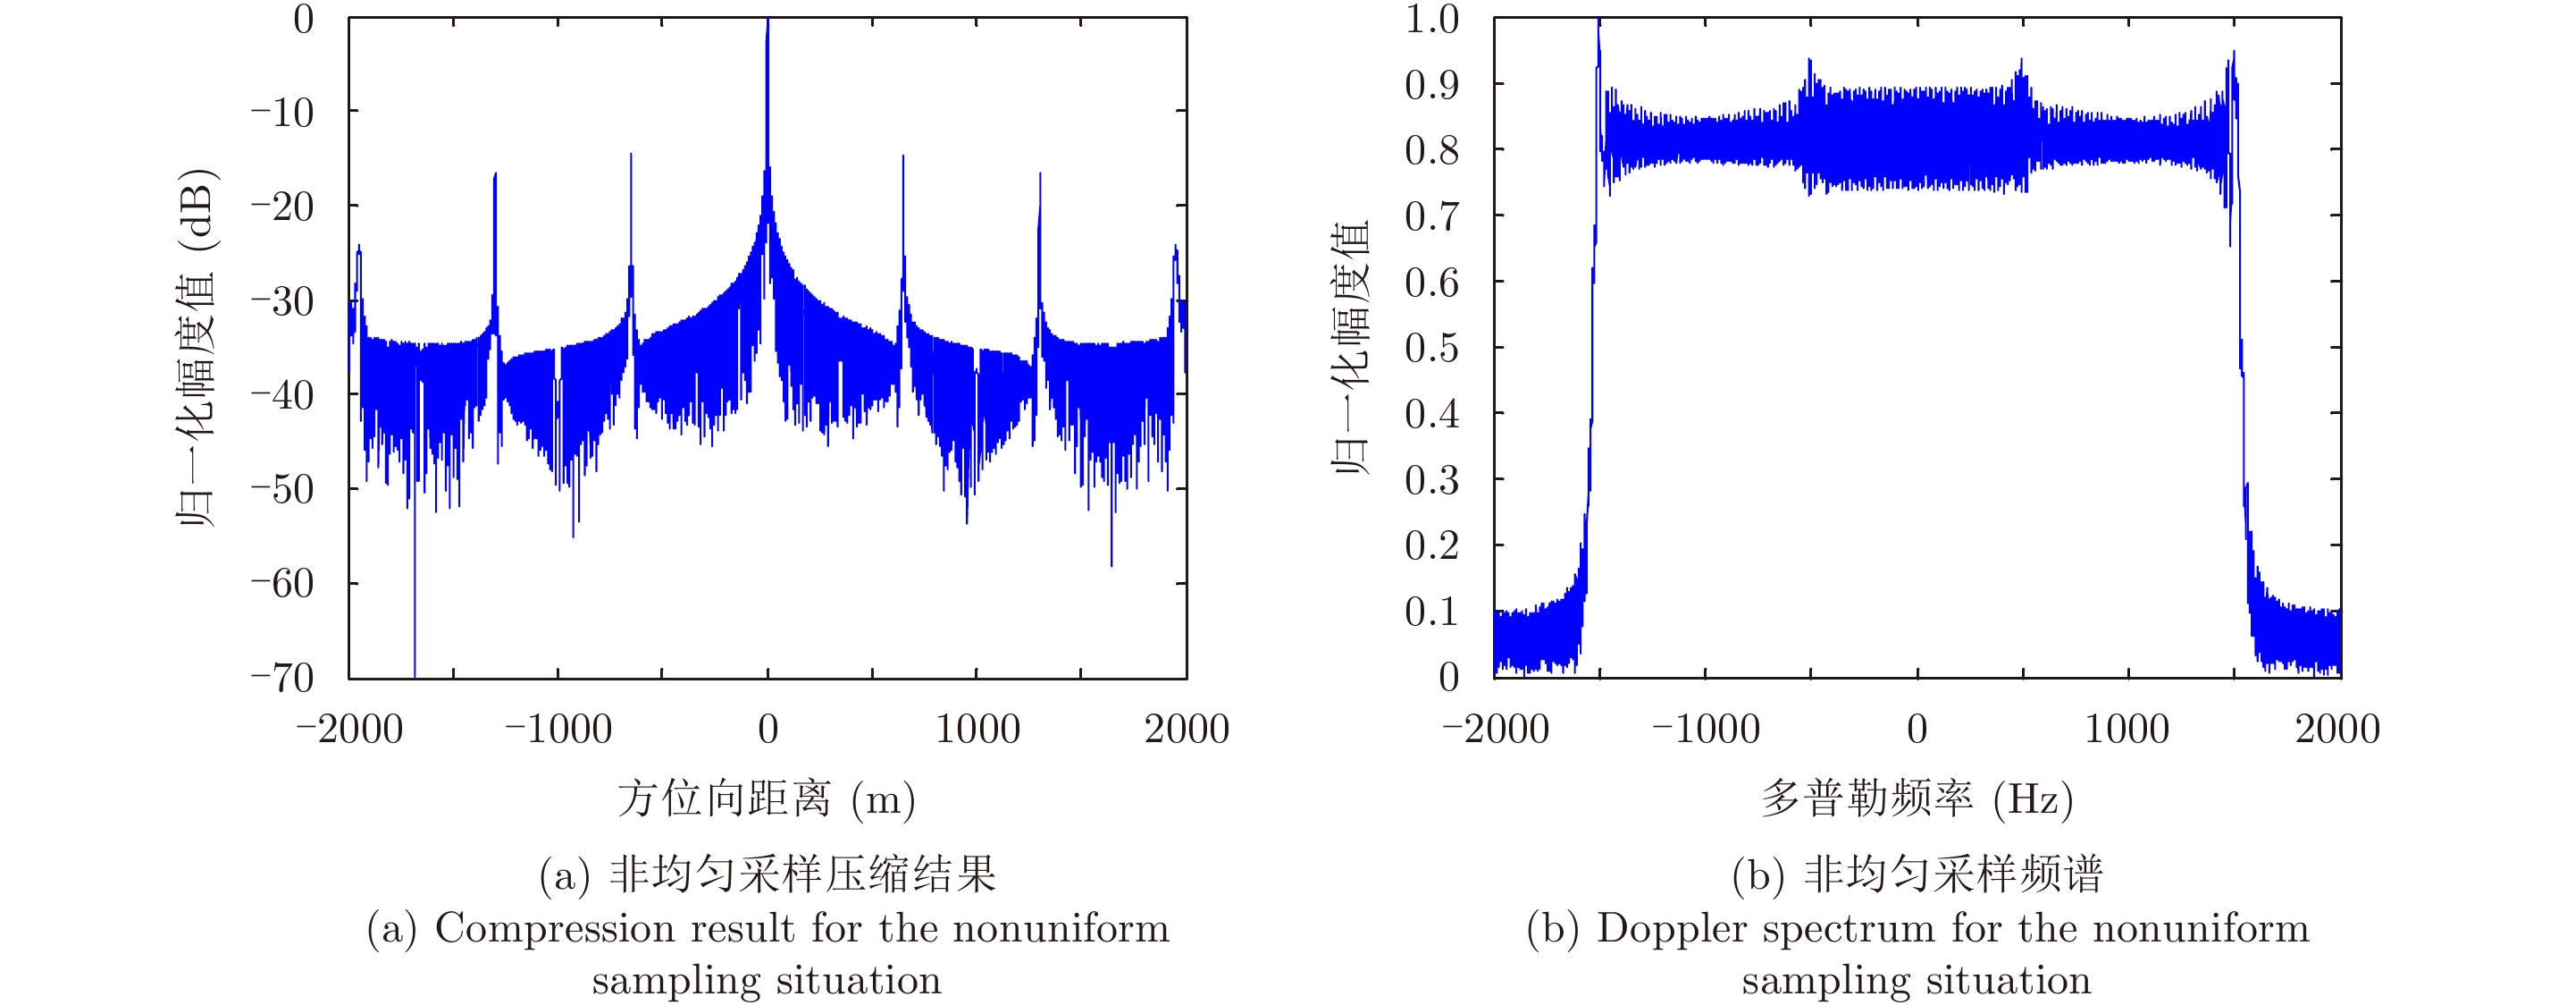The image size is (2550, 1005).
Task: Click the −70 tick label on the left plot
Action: pos(282,679)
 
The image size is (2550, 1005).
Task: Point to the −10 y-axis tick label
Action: pos(282,113)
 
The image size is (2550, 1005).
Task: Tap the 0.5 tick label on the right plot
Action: pos(1431,348)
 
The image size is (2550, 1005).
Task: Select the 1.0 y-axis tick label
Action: pos(1431,19)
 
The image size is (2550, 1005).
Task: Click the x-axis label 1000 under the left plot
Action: pos(977,730)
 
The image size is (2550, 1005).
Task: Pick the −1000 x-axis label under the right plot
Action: pos(1706,730)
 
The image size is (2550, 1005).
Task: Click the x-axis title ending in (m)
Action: pos(767,799)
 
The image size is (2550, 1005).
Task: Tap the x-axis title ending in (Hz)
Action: pos(1917,799)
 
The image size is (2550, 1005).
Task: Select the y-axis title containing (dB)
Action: pos(195,349)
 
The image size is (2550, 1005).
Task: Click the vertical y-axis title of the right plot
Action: pos(1350,349)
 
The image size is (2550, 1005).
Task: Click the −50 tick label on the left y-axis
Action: pos(282,489)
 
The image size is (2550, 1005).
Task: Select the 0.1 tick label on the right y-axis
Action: pos(1431,612)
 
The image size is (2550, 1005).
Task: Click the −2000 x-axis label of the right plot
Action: pos(1496,730)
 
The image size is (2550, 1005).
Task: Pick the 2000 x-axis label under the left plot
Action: pos(1187,730)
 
